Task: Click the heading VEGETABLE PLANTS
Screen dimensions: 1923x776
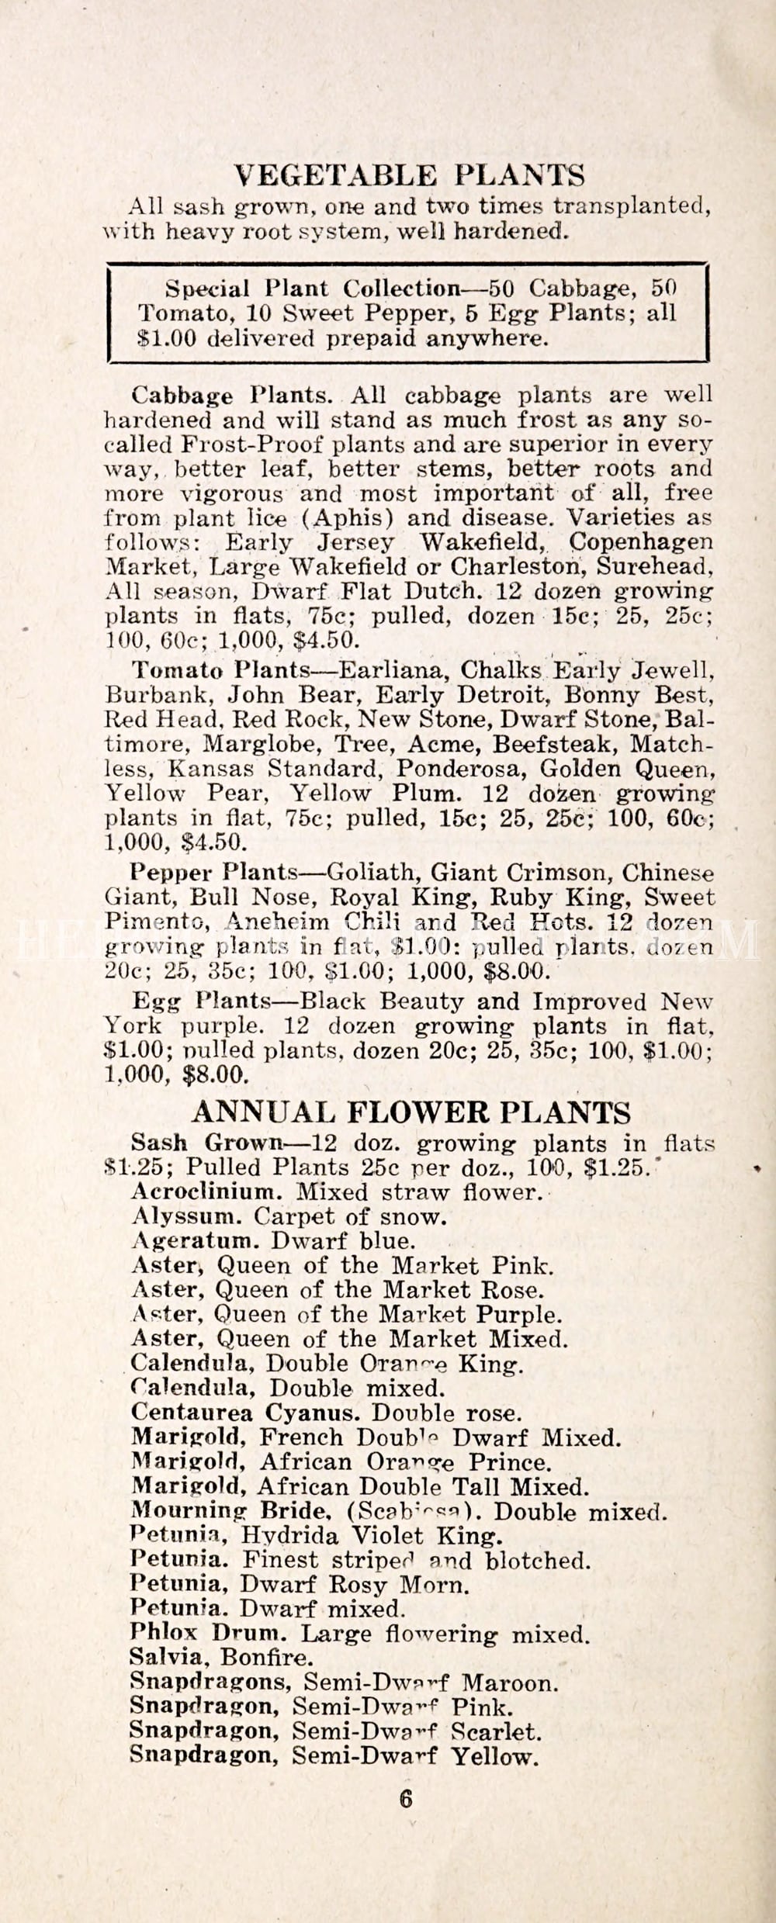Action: point(410,176)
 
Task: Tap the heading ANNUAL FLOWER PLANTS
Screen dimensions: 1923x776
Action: point(411,1112)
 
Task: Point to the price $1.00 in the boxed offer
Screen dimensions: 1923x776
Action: point(165,338)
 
